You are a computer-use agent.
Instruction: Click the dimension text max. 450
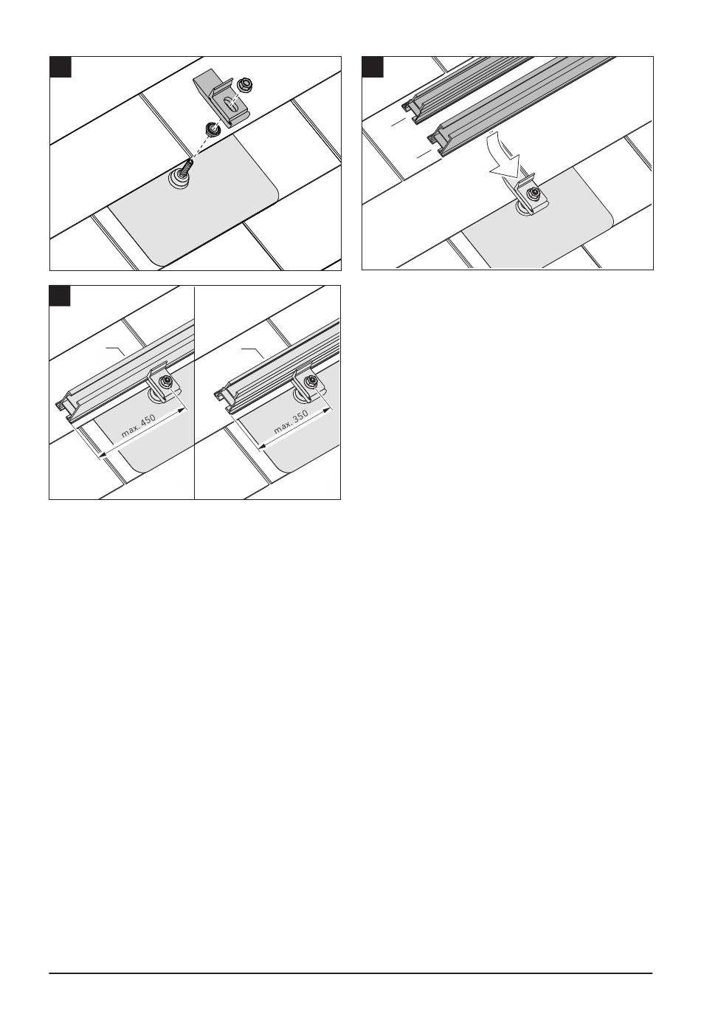pyautogui.click(x=139, y=426)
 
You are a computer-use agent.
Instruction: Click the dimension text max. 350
pyautogui.click(x=291, y=422)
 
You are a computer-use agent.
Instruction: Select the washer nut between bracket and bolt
pyautogui.click(x=212, y=129)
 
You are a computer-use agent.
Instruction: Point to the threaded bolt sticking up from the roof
pyautogui.click(x=186, y=171)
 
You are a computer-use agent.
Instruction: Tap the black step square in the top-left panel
pyautogui.click(x=61, y=66)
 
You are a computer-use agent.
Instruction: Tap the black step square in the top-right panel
pyautogui.click(x=373, y=66)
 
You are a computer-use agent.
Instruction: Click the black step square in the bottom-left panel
pyautogui.click(x=60, y=295)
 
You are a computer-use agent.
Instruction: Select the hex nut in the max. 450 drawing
pyautogui.click(x=166, y=382)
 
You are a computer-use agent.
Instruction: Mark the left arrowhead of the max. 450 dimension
pyautogui.click(x=103, y=454)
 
